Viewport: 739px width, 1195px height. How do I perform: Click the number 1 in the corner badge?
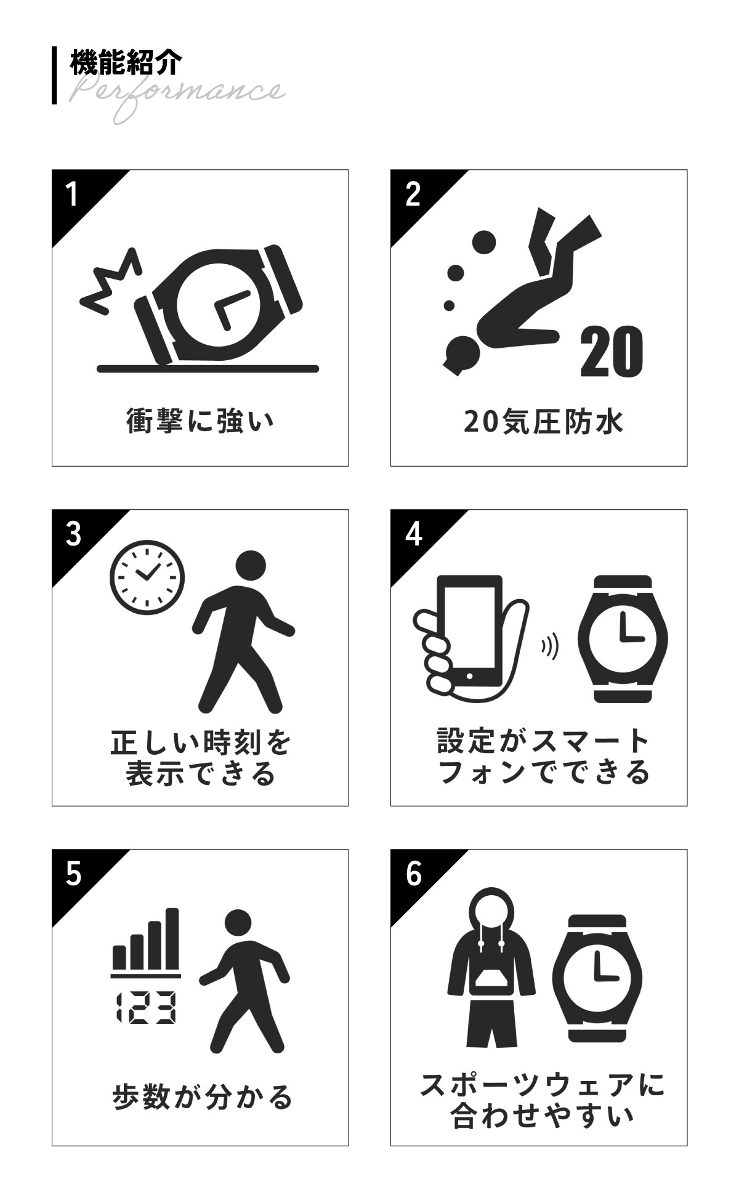point(73,195)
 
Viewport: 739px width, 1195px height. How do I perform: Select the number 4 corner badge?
point(414,534)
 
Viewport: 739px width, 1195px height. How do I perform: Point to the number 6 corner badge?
point(414,874)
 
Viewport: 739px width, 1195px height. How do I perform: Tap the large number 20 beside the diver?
point(612,352)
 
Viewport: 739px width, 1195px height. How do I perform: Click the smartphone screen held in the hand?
point(470,623)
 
